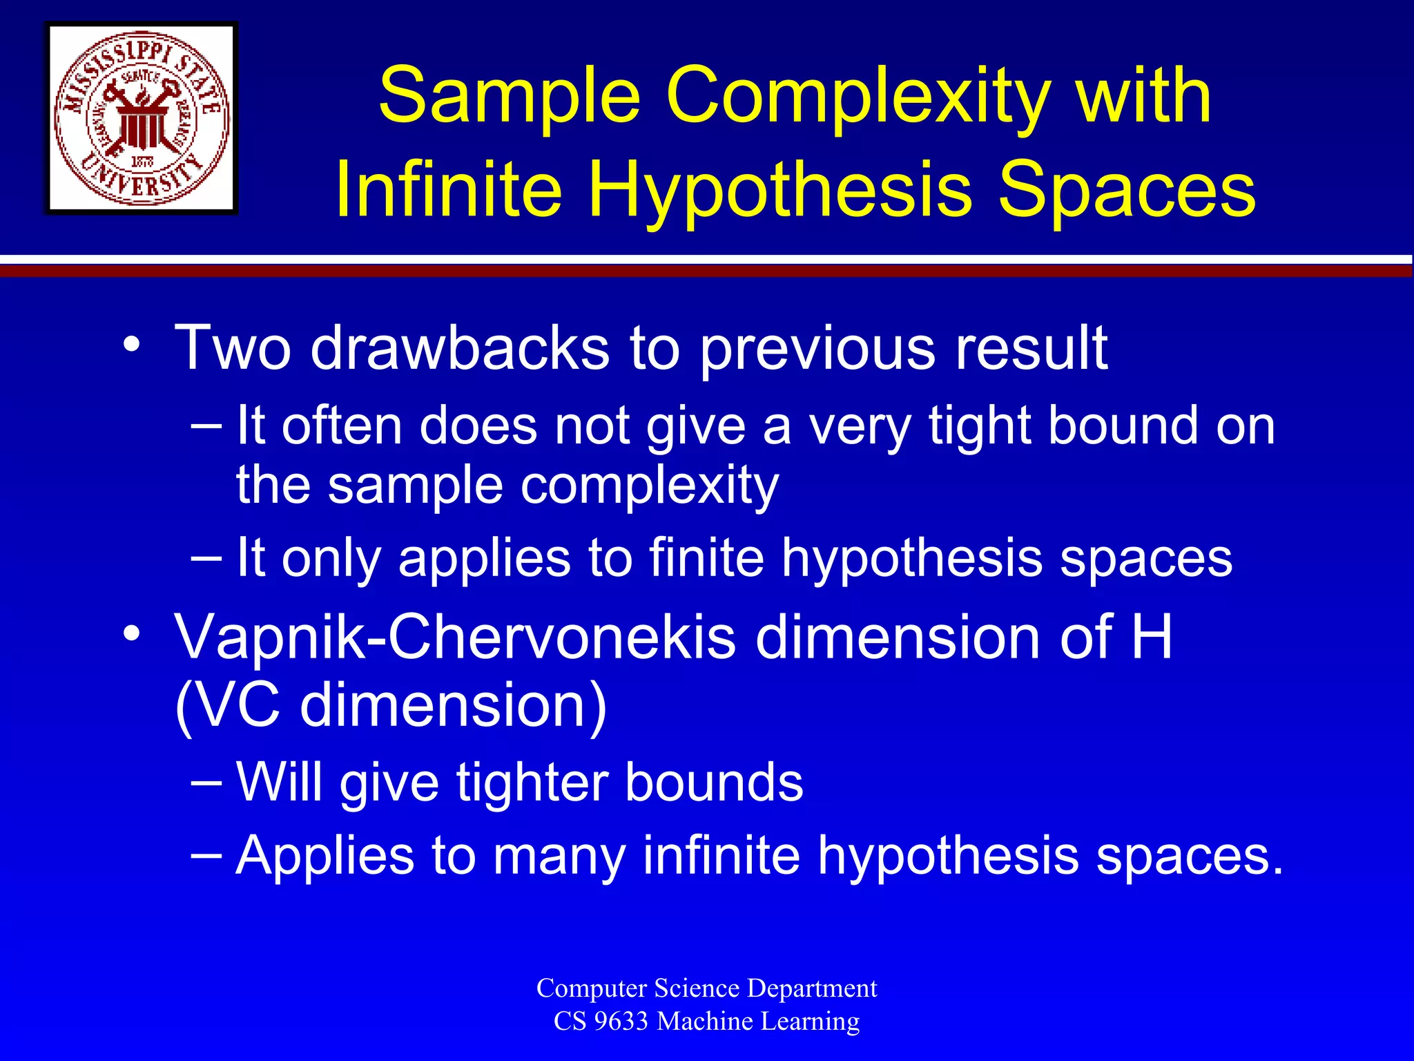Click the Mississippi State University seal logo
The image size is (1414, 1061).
142,118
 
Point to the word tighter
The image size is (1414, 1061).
532,782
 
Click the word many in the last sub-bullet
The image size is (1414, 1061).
559,855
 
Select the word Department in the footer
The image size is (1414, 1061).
812,988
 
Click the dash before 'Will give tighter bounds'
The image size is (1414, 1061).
206,782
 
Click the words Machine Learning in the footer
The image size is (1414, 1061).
758,1021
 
